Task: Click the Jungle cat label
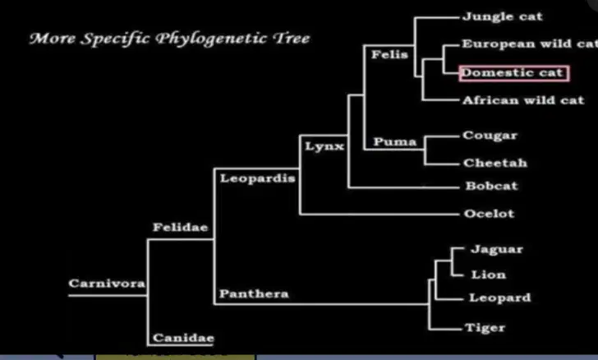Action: tap(502, 16)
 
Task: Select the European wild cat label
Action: tap(530, 44)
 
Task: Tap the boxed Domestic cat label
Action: tap(514, 73)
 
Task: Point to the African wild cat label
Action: tap(523, 100)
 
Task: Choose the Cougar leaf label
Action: tap(490, 136)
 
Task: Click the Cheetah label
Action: tap(495, 163)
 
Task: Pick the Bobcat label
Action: tap(491, 186)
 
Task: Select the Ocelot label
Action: tap(489, 214)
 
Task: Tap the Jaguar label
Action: tap(497, 250)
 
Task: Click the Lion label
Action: tap(489, 275)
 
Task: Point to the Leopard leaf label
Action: tap(499, 298)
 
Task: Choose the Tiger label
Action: tap(485, 328)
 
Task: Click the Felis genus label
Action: tap(389, 54)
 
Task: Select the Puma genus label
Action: tap(395, 142)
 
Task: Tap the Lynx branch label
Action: tap(324, 146)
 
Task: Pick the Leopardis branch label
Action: tap(257, 178)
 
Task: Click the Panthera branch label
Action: tap(254, 293)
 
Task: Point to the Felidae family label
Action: tap(181, 228)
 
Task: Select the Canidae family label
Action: tap(183, 338)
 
